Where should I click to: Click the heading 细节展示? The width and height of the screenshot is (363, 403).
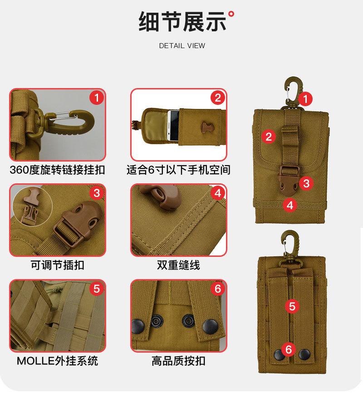click(x=181, y=22)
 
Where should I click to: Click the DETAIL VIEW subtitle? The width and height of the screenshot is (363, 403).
click(x=182, y=46)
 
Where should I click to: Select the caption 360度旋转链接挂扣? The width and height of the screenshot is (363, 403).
click(x=57, y=170)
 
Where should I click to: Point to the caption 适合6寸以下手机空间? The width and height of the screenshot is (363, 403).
click(x=178, y=170)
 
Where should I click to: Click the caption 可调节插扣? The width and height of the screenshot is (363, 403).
click(x=57, y=265)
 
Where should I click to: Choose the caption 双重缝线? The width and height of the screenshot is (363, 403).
click(x=178, y=265)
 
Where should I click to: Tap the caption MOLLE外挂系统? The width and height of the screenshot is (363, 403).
click(x=57, y=361)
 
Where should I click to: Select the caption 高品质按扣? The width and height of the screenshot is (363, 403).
click(x=178, y=361)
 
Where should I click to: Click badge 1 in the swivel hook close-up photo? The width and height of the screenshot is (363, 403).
click(x=96, y=98)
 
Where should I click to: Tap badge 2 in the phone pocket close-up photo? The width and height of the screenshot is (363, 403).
click(x=217, y=98)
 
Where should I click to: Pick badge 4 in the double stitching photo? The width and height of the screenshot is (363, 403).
click(x=217, y=193)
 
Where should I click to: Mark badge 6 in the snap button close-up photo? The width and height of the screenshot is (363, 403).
click(x=217, y=289)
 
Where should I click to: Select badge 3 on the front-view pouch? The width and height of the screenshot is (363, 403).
click(x=307, y=183)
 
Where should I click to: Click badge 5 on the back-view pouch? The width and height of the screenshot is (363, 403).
click(x=292, y=306)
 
